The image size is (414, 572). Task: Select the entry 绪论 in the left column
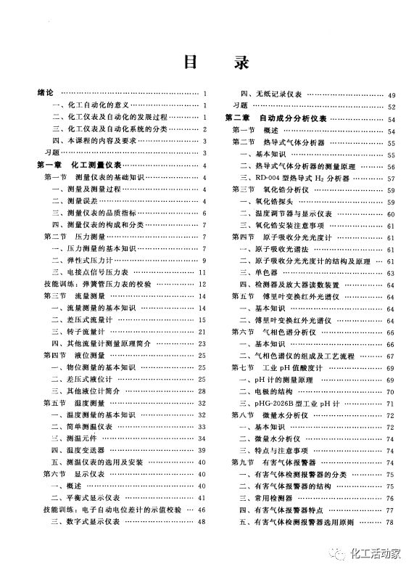coord(46,94)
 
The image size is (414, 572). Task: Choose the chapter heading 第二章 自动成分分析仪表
coord(275,118)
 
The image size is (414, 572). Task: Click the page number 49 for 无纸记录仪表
coord(392,94)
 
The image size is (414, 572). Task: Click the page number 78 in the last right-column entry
coord(391,521)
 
